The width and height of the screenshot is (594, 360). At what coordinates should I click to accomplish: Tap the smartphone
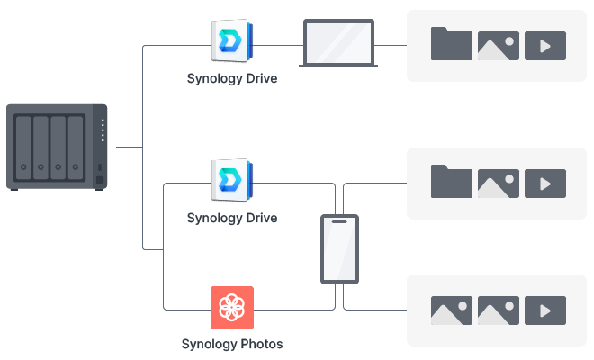(x=339, y=249)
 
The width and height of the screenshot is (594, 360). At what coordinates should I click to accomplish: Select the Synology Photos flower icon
(x=232, y=308)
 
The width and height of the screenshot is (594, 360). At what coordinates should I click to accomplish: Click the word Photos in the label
(x=260, y=344)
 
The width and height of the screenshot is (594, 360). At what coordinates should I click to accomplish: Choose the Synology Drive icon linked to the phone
(x=232, y=181)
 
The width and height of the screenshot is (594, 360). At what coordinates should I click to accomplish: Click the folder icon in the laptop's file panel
(x=452, y=45)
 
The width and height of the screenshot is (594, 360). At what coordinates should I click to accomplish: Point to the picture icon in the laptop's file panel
(x=499, y=46)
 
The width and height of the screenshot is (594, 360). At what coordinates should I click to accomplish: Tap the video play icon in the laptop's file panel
(x=545, y=46)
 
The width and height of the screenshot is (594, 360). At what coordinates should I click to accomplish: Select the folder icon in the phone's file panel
(x=452, y=183)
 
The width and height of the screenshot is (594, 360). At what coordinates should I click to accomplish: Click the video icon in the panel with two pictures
(x=545, y=310)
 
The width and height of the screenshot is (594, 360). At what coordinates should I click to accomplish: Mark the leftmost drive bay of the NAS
(x=23, y=147)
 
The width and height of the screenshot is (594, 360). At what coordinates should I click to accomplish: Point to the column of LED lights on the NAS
(x=103, y=131)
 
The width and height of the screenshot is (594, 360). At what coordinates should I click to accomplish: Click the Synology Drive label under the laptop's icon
(x=232, y=79)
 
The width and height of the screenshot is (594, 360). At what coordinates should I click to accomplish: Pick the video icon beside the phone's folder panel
(x=545, y=184)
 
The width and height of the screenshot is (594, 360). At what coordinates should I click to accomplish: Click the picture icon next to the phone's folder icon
(x=499, y=184)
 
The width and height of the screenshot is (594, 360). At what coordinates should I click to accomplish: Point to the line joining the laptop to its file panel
(x=389, y=45)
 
